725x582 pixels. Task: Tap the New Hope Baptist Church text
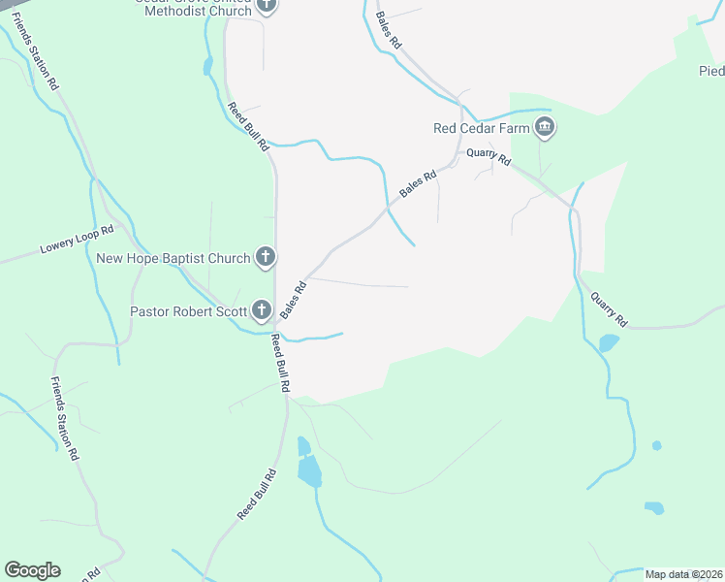[x=173, y=258]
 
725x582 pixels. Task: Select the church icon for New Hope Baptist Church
[x=266, y=258]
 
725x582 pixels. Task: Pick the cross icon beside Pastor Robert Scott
[x=261, y=311]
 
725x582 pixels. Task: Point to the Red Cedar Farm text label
[x=480, y=128]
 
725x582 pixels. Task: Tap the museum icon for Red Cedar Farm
[x=545, y=127]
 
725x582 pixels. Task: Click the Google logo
[x=32, y=570]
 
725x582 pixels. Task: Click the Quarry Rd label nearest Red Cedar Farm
[x=488, y=152]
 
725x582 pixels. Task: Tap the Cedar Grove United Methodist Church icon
[x=267, y=5]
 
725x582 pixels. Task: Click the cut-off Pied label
[x=711, y=71]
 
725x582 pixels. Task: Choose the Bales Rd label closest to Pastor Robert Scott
[x=294, y=300]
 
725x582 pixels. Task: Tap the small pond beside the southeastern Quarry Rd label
[x=609, y=342]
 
